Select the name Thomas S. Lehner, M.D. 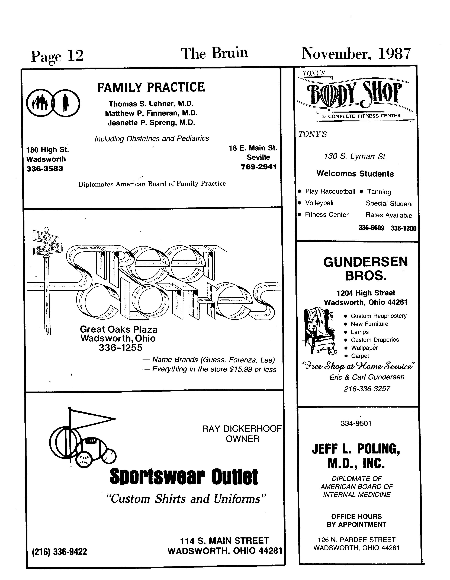click(151, 104)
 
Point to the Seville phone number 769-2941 click(259, 167)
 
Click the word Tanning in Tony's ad click(379, 192)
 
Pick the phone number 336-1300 click(403, 228)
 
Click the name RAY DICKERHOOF click(242, 429)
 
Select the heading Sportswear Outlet click(184, 477)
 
